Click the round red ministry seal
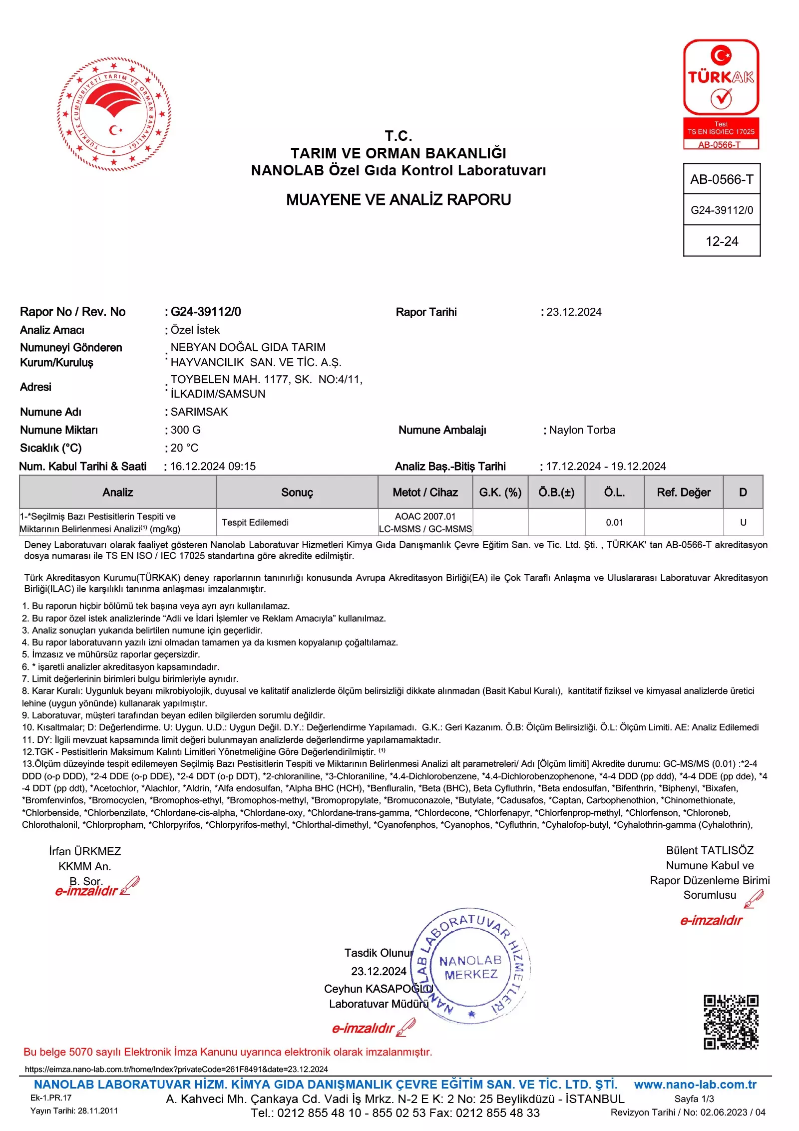click(114, 114)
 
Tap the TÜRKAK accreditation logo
click(721, 94)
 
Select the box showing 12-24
click(722, 241)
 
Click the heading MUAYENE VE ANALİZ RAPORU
click(399, 200)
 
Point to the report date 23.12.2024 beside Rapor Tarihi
click(574, 312)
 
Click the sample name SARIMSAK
click(199, 412)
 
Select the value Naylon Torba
click(582, 430)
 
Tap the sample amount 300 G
click(186, 430)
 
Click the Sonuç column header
click(297, 493)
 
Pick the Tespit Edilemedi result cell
click(255, 523)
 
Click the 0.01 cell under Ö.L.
click(614, 523)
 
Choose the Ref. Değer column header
click(684, 493)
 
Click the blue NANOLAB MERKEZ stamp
click(470, 967)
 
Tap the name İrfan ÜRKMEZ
click(85, 851)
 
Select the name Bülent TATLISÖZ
click(710, 850)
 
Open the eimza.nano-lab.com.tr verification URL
click(176, 1069)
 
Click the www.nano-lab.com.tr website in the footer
click(695, 1085)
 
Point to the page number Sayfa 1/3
click(694, 1099)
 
